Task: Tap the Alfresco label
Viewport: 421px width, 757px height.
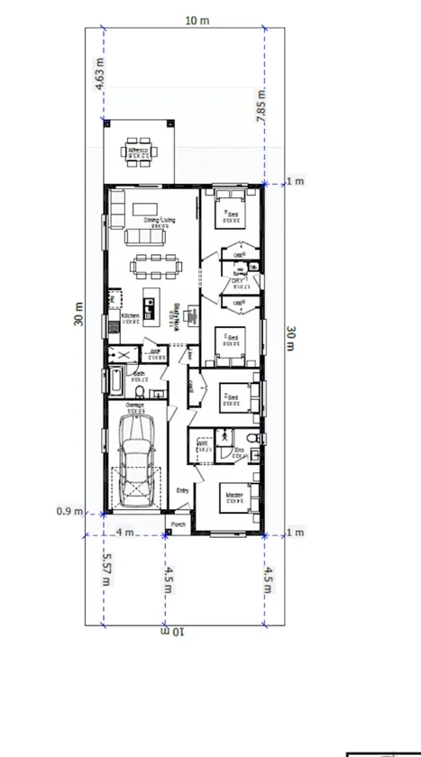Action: pyautogui.click(x=138, y=150)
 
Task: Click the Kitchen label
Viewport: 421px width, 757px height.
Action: pyautogui.click(x=130, y=316)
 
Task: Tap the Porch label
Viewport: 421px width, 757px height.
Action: pyautogui.click(x=178, y=524)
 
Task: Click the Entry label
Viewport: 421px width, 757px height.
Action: pyautogui.click(x=182, y=490)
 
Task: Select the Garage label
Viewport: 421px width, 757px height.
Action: pyautogui.click(x=136, y=406)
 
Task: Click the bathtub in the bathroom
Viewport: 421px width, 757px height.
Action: pyautogui.click(x=115, y=384)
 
